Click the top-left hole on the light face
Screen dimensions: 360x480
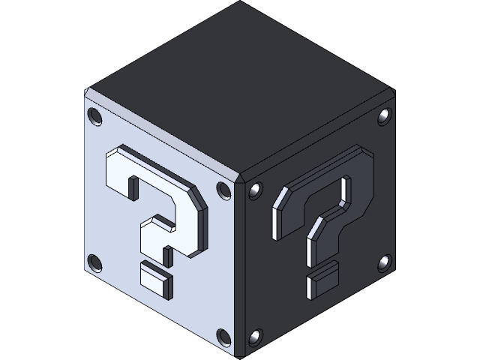coord(95,116)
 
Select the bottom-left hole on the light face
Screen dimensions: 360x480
coord(95,262)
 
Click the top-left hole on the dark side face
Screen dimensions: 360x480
coord(256,190)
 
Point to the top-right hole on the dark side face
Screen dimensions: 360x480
coord(384,116)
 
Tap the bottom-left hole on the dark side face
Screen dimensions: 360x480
coord(256,337)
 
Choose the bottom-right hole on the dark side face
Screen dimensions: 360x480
coord(384,262)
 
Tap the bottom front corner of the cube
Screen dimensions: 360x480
coord(240,354)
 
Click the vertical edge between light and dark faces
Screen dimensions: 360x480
coord(240,270)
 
